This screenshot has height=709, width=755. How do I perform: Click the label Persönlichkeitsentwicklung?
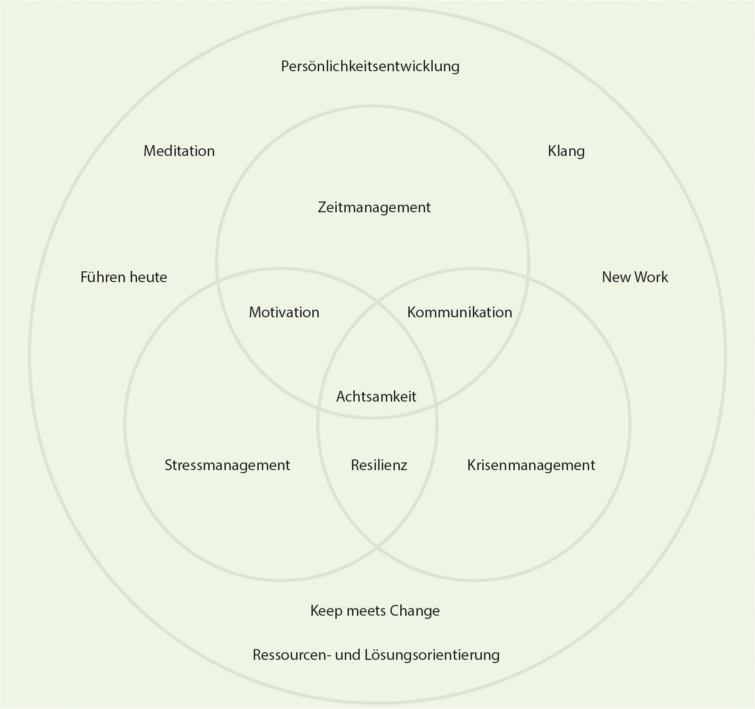370,67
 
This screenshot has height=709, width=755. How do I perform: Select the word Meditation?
179,151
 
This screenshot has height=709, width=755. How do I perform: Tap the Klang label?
566,151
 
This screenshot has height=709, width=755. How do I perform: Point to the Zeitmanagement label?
374,208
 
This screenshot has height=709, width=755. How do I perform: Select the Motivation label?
284,312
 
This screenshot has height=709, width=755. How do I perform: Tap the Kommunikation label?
459,312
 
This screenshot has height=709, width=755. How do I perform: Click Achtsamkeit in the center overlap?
376,397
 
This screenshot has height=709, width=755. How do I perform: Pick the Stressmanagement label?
227,465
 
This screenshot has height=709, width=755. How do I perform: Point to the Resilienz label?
379,465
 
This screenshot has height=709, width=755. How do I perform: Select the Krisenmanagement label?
531,465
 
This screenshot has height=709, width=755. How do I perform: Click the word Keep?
326,611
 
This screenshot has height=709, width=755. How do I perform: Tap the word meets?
366,611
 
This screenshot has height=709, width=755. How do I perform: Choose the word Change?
415,611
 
